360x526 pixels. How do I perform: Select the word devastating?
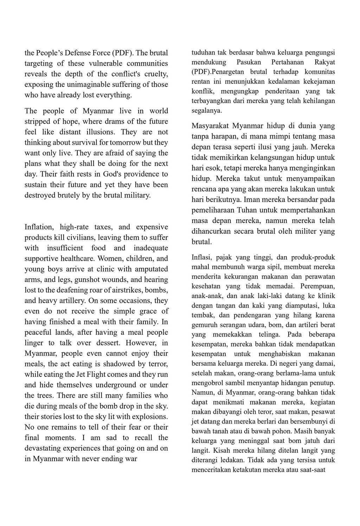click(x=46, y=449)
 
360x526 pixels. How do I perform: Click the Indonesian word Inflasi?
click(x=201, y=257)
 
